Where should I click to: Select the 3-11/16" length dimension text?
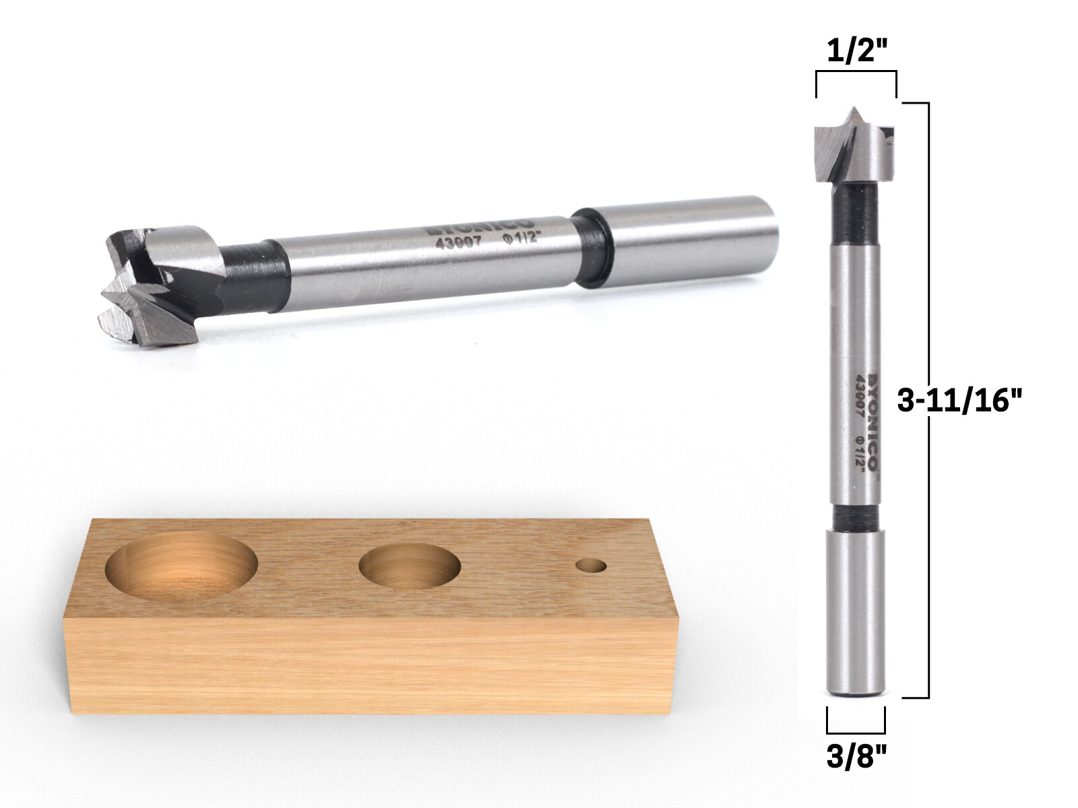(x=960, y=402)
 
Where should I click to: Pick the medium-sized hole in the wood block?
(x=410, y=564)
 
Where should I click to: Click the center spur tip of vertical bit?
(x=854, y=111)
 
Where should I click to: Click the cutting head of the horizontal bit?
(x=158, y=283)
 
